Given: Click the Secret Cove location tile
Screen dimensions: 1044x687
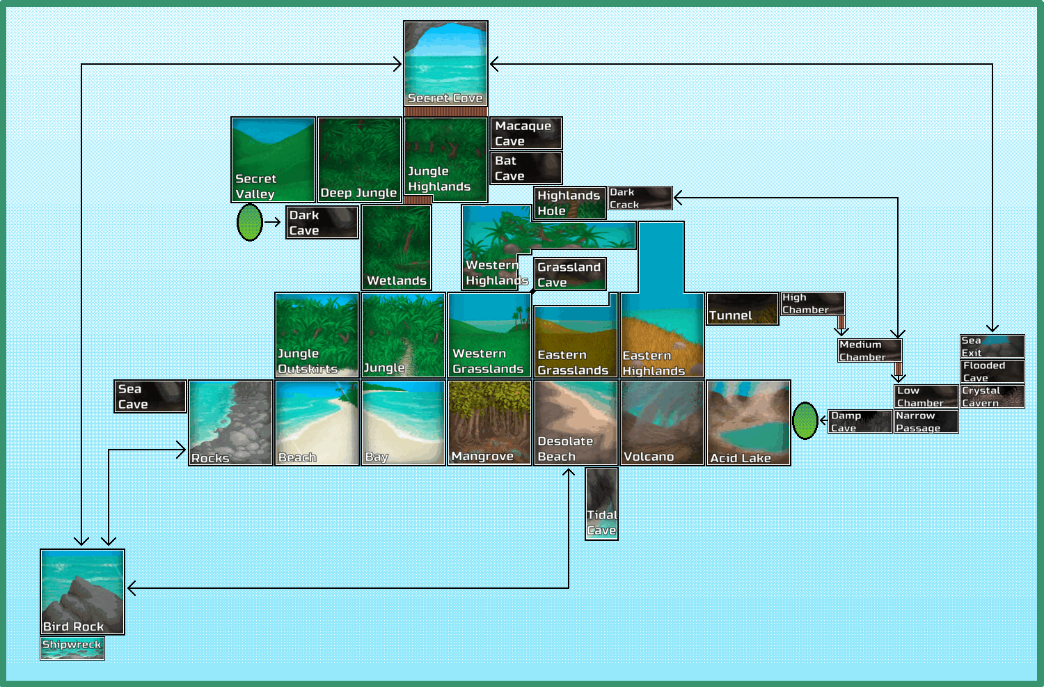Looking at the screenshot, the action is coord(445,64).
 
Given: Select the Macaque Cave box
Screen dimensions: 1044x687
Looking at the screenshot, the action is coord(526,133).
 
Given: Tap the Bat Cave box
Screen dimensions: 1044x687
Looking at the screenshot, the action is coord(526,168).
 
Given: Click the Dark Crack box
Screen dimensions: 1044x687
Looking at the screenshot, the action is coord(640,198).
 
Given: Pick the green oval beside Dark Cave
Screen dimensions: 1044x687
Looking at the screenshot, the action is coord(250,222).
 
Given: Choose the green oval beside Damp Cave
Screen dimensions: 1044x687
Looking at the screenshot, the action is coord(805,421).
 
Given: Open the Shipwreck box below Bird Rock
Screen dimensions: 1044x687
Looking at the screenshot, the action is coord(72,648).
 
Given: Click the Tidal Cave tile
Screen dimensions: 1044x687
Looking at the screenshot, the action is coord(602,505).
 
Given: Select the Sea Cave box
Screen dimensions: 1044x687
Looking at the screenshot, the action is coord(150,396).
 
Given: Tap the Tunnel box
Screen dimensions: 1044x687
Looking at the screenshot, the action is coord(743,308).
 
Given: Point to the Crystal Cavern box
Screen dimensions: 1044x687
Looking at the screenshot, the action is coord(992,396).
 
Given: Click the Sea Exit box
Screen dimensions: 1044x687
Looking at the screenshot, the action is coord(992,347).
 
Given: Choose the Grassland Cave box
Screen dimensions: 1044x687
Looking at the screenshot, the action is coord(570,274).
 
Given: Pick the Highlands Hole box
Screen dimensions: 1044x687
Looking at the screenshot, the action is coord(570,203).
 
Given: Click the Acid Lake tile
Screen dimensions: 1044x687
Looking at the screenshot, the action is coord(748,423).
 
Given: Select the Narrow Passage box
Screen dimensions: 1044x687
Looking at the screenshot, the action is coord(926,421).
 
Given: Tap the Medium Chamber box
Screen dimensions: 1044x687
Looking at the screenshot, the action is coord(870,351).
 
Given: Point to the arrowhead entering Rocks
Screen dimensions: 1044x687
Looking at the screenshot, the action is coord(182,450).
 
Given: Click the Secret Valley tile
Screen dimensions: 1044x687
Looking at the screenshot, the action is coord(273,159).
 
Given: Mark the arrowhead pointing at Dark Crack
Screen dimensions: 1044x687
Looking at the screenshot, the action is coord(679,198).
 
